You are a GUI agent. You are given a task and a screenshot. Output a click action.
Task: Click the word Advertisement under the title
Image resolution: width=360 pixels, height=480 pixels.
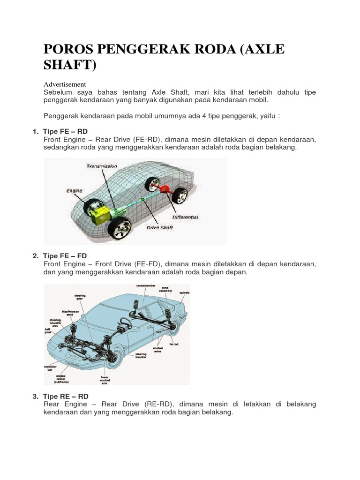point(65,84)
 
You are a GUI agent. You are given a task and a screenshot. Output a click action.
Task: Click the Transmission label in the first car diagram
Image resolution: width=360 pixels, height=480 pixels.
point(102,166)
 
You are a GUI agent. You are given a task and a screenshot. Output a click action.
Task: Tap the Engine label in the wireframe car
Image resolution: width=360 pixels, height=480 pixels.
point(74,191)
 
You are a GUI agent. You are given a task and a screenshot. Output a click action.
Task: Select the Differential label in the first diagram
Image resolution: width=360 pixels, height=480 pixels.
point(185,217)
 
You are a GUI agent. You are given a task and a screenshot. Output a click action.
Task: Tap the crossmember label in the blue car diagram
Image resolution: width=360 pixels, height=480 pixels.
point(145,285)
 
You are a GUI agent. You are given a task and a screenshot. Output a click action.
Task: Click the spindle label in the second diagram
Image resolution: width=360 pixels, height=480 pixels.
point(184,292)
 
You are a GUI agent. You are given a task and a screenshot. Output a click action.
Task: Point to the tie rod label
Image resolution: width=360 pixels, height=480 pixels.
point(174,344)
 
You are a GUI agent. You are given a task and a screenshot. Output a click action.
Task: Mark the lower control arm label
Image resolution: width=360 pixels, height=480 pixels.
point(105,380)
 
